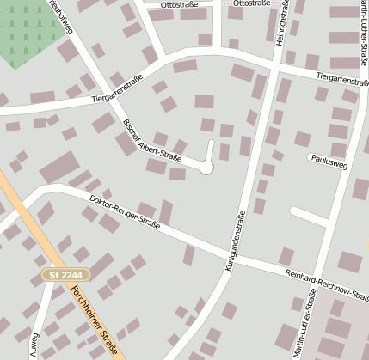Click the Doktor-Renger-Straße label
pyautogui.click(x=125, y=212)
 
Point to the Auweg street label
pyautogui.click(x=35, y=345)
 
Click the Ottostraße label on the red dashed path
pyautogui.click(x=251, y=4)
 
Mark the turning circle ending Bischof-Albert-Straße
pyautogui.click(x=206, y=168)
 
